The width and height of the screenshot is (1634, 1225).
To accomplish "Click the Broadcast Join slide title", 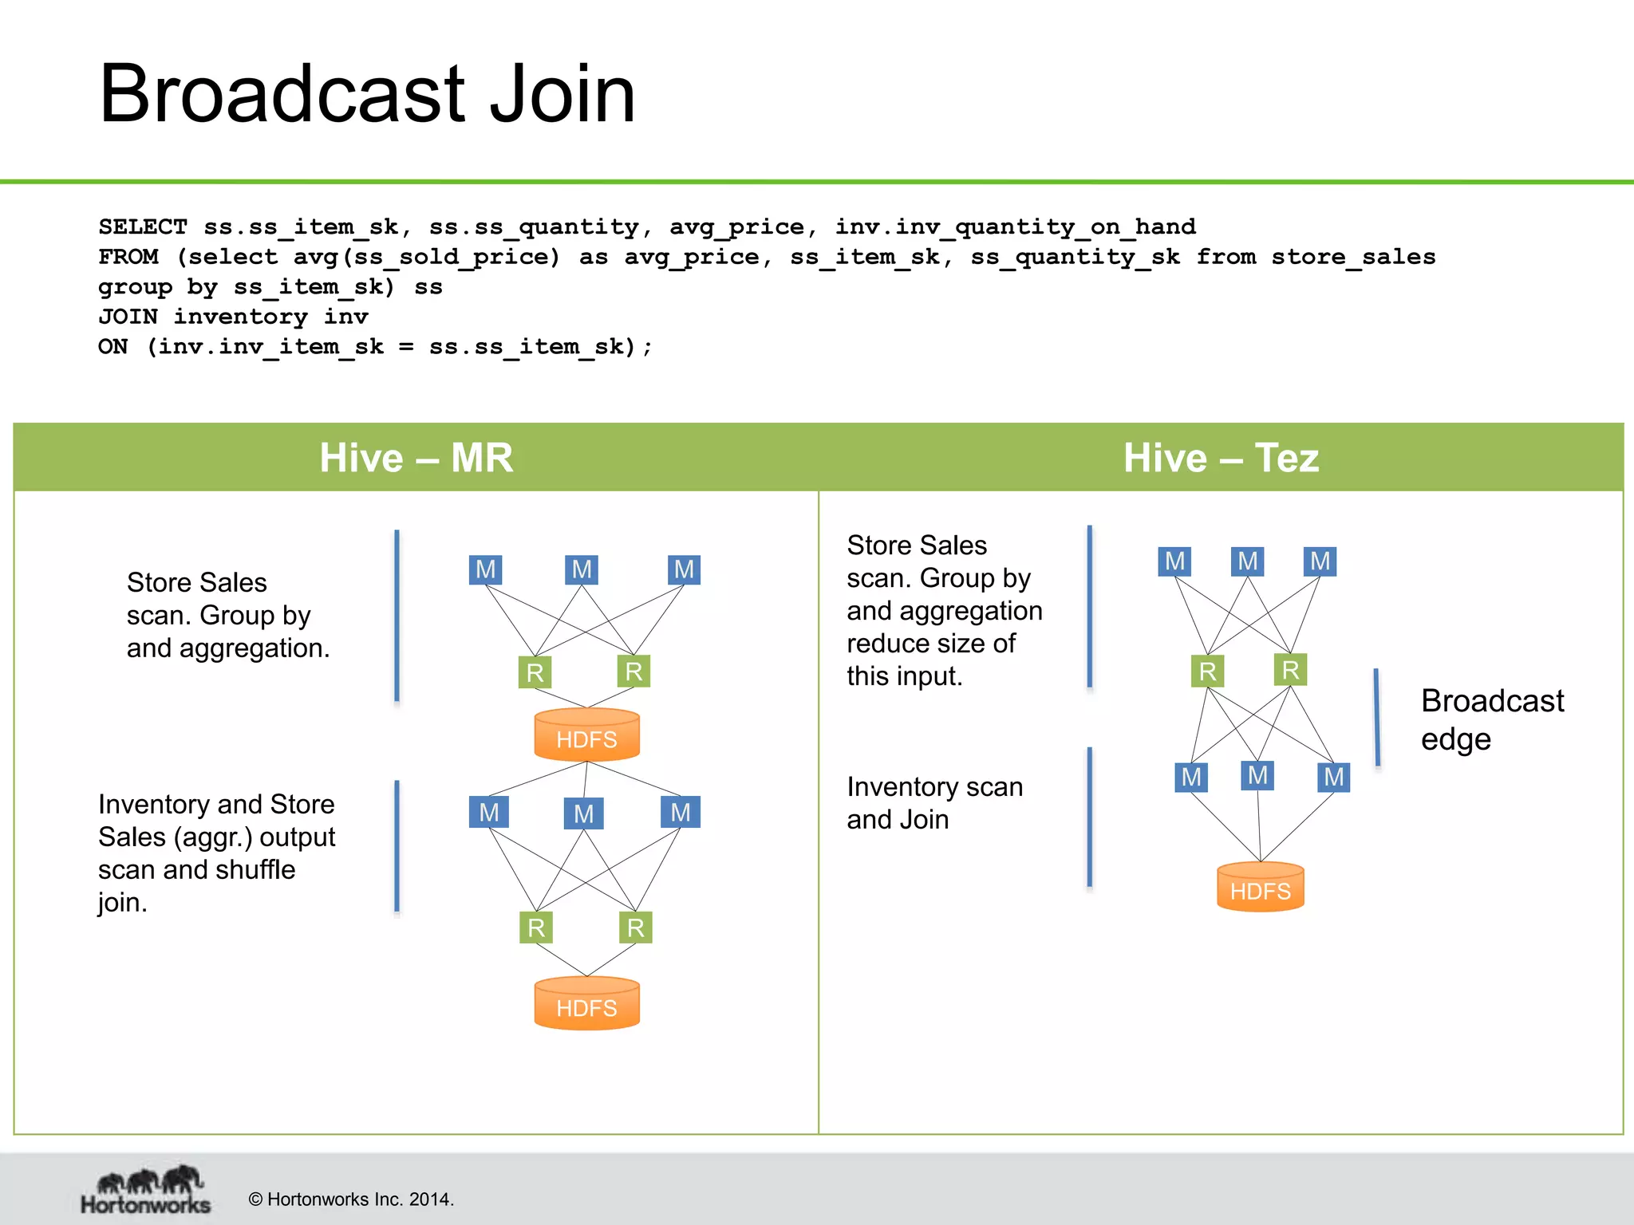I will (x=367, y=94).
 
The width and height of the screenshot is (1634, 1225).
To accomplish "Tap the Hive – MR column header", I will (x=416, y=458).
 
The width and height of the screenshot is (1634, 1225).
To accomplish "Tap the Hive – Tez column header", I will (x=1221, y=458).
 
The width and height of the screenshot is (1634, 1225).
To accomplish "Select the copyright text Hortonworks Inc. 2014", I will (x=351, y=1199).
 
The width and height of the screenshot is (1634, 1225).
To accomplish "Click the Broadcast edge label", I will (x=1491, y=719).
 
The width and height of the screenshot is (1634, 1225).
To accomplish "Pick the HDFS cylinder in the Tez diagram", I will (x=1260, y=887).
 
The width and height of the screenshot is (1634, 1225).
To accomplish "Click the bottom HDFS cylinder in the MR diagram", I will (x=586, y=1004).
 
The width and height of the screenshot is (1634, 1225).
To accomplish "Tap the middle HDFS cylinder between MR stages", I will (x=586, y=735).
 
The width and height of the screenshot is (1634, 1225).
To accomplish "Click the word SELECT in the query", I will (x=143, y=227).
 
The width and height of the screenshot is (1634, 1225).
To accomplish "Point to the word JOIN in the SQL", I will (x=128, y=317).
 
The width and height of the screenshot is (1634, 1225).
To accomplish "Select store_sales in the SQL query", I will (x=1353, y=258).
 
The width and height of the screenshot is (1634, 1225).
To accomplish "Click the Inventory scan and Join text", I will (x=934, y=803).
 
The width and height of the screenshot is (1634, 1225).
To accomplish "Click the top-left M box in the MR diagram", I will (x=485, y=569).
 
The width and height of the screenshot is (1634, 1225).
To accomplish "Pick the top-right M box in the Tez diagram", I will (x=1320, y=561).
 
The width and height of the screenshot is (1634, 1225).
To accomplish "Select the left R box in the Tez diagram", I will (x=1207, y=672).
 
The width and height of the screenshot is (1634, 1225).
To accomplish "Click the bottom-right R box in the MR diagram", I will (x=635, y=928).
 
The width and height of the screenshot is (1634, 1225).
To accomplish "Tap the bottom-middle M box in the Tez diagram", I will (x=1257, y=775).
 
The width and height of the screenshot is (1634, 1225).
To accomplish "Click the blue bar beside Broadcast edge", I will (x=1376, y=718).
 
